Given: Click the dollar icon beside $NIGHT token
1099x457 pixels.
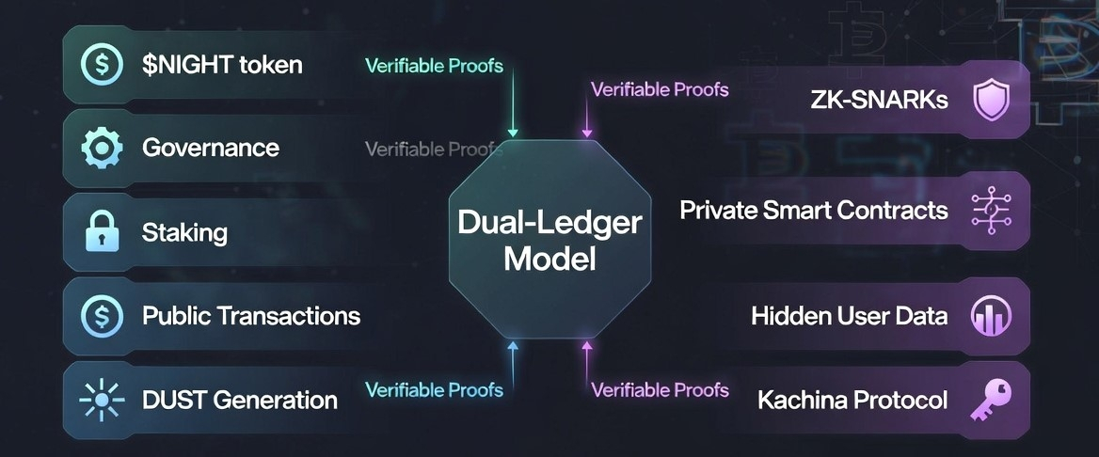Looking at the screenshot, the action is [x=101, y=65].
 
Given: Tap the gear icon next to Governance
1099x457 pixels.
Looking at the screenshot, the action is [x=101, y=148].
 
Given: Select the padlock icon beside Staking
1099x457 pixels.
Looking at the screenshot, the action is [x=101, y=231].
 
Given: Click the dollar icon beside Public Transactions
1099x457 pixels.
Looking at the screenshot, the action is [x=101, y=315].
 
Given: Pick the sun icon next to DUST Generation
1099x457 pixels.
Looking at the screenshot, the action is [x=101, y=400].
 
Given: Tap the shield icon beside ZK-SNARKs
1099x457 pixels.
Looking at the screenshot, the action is [x=991, y=100].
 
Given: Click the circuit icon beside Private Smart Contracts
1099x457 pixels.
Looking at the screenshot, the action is [x=991, y=209].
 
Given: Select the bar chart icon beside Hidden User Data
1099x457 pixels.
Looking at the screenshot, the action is [x=991, y=316].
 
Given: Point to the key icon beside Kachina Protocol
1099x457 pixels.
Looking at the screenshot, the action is [x=991, y=400].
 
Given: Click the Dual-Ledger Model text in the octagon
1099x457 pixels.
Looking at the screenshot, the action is [x=549, y=240].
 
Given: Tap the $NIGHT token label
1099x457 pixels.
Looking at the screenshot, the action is [x=222, y=65].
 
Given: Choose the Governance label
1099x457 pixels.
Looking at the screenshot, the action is [x=211, y=148].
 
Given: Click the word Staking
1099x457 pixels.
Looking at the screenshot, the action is [x=184, y=231].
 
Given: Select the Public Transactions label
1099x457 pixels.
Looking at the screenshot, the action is [x=251, y=315].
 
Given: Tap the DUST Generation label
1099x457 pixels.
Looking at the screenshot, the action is [x=240, y=400].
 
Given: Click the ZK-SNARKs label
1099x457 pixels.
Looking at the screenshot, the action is [x=879, y=100].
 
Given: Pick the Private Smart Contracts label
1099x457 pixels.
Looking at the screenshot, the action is [x=814, y=209].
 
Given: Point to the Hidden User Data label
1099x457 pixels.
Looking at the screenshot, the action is [x=849, y=316].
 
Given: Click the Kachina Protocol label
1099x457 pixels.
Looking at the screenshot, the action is [x=852, y=400].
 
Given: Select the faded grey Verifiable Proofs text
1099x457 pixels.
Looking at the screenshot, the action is [x=434, y=149].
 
